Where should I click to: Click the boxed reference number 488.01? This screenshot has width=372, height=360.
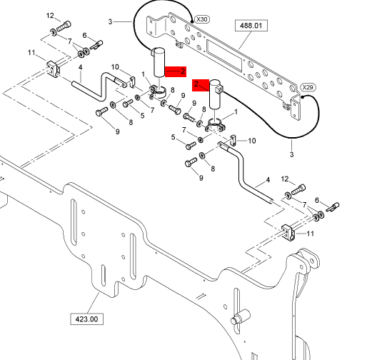(x=251, y=26)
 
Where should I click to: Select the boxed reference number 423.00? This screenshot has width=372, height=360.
(x=86, y=319)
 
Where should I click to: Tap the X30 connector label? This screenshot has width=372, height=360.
(x=202, y=19)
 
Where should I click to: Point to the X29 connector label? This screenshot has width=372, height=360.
(x=308, y=87)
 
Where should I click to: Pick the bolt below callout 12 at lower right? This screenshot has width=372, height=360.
(x=298, y=189)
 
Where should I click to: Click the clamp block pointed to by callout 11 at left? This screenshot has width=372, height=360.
(x=54, y=69)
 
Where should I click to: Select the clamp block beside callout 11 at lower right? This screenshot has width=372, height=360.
(x=288, y=233)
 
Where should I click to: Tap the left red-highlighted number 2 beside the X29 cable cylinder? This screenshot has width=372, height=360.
(x=196, y=84)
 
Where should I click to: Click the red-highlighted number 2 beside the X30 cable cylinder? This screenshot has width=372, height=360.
(x=183, y=71)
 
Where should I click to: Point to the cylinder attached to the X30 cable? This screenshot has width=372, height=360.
(x=159, y=62)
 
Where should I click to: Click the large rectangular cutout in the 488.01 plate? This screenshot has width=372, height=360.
(x=224, y=56)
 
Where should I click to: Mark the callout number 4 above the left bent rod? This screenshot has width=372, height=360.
(x=81, y=67)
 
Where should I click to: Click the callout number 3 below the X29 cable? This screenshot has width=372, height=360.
(x=291, y=154)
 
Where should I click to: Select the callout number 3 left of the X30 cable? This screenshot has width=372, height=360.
(x=110, y=21)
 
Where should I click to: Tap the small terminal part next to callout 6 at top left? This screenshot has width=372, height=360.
(x=96, y=45)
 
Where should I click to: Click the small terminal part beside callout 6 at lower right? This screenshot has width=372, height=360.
(x=333, y=207)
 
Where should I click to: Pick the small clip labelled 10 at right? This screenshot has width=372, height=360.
(x=233, y=140)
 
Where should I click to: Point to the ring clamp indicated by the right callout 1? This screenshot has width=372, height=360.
(x=215, y=126)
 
